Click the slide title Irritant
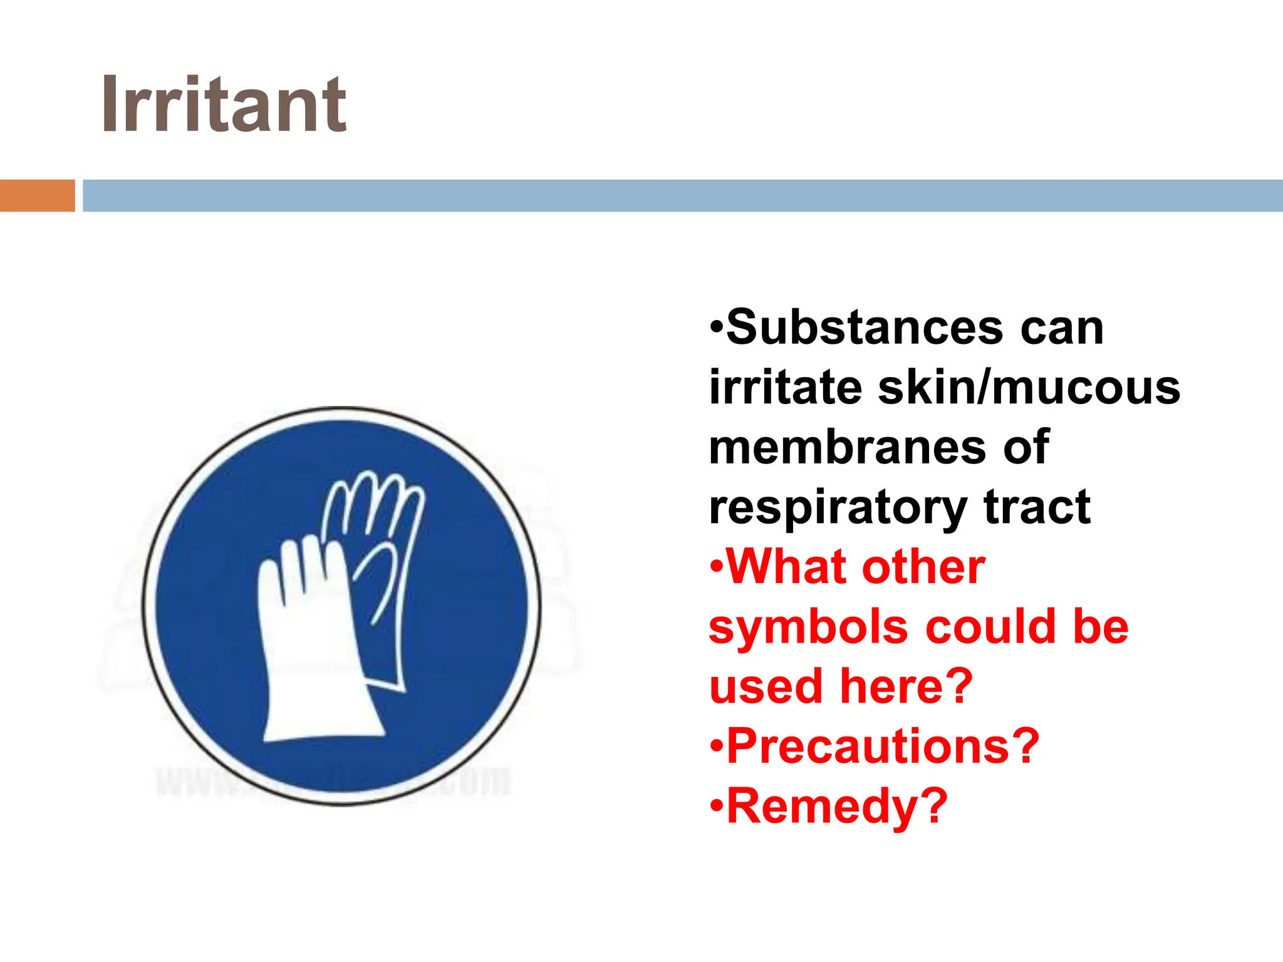point(224,105)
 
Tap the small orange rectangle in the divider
point(37,195)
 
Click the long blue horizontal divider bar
point(682,195)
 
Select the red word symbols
point(808,628)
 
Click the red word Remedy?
point(837,807)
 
